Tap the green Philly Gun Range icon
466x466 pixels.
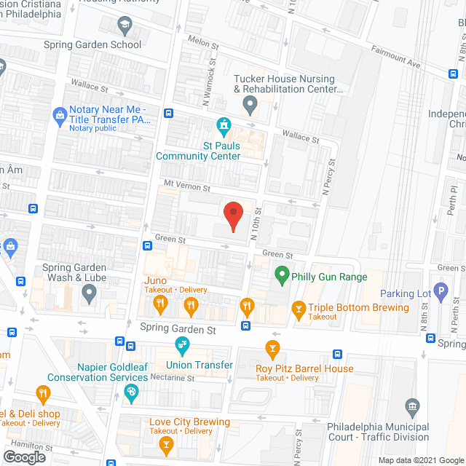pyautogui.click(x=281, y=276)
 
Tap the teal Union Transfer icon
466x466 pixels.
pyautogui.click(x=181, y=344)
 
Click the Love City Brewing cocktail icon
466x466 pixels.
pyautogui.click(x=167, y=443)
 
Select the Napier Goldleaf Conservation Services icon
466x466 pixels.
pyautogui.click(x=131, y=394)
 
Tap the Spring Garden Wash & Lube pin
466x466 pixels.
pyautogui.click(x=89, y=293)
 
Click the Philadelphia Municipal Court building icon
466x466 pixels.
pyautogui.click(x=413, y=406)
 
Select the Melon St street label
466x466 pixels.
pyautogui.click(x=203, y=44)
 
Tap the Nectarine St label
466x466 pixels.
pyautogui.click(x=173, y=378)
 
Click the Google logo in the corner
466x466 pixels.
pyautogui.click(x=23, y=457)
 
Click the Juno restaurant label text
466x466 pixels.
pyautogui.click(x=157, y=281)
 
